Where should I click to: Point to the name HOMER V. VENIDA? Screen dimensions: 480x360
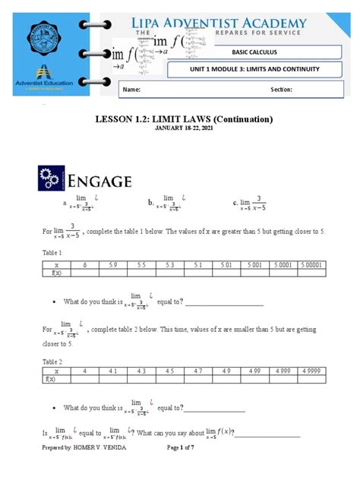(95, 448)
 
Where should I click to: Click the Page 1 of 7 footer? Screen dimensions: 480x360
(185, 448)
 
